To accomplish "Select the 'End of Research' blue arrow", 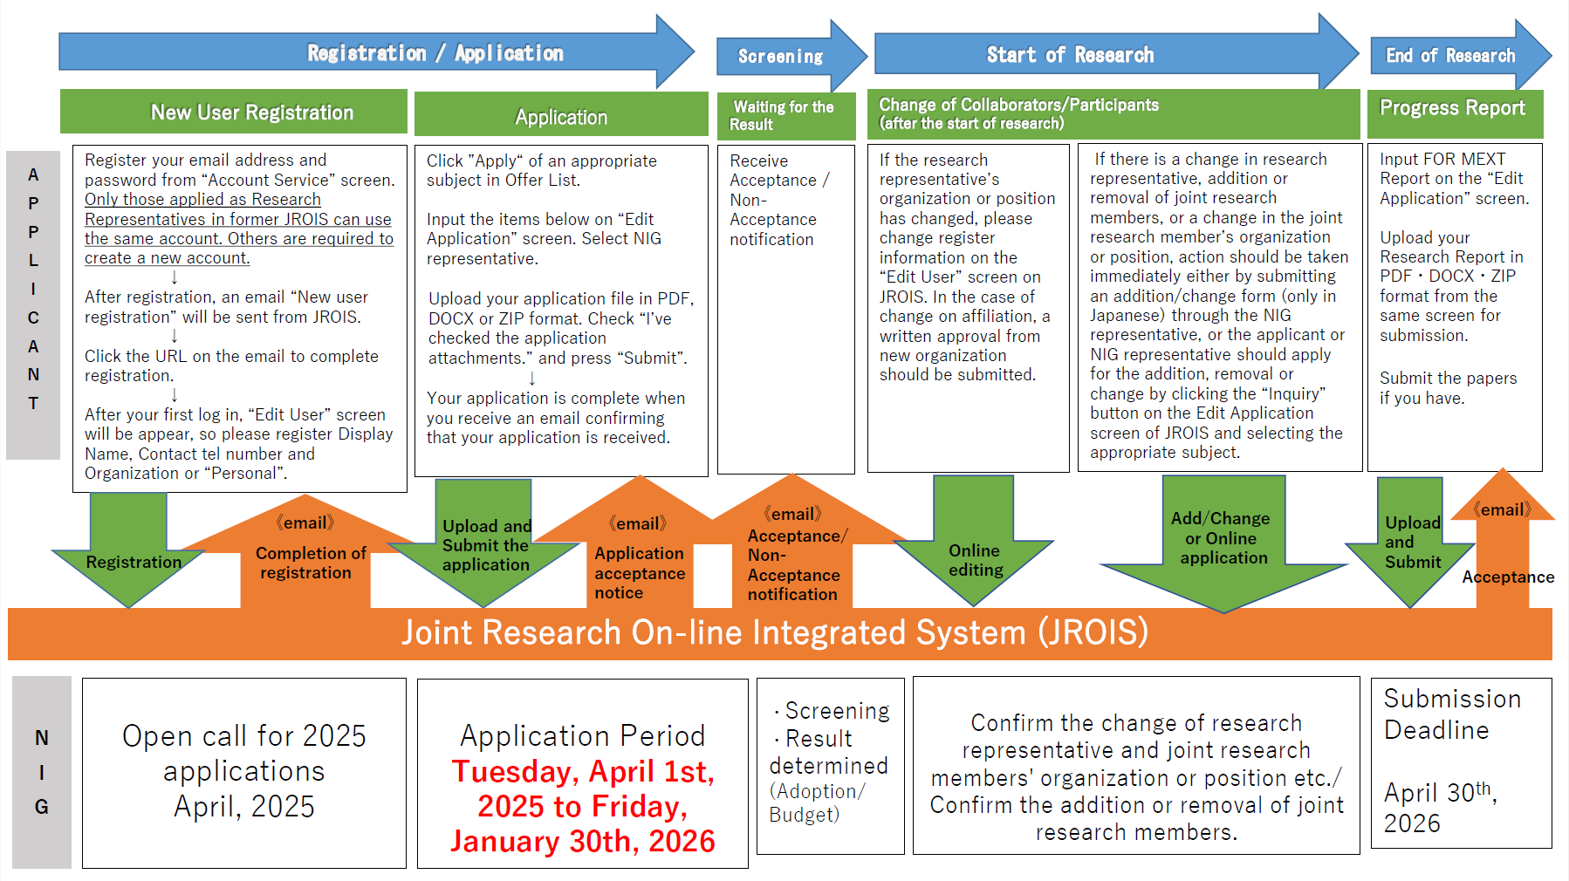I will (1451, 56).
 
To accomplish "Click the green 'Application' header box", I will (561, 117).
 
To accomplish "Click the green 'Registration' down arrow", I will (131, 558).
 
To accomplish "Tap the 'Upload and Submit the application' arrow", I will (485, 546).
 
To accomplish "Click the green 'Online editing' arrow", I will (975, 559).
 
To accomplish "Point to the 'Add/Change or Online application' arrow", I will (1222, 539).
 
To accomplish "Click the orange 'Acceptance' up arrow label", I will (1507, 577).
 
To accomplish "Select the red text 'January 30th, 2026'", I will (583, 842).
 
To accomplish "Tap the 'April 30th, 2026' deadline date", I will (1440, 807).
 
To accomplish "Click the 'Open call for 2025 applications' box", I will (244, 772).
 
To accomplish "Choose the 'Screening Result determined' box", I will (830, 764).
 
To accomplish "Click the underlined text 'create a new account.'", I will (168, 258).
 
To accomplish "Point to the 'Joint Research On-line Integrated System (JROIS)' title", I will (775, 633).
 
